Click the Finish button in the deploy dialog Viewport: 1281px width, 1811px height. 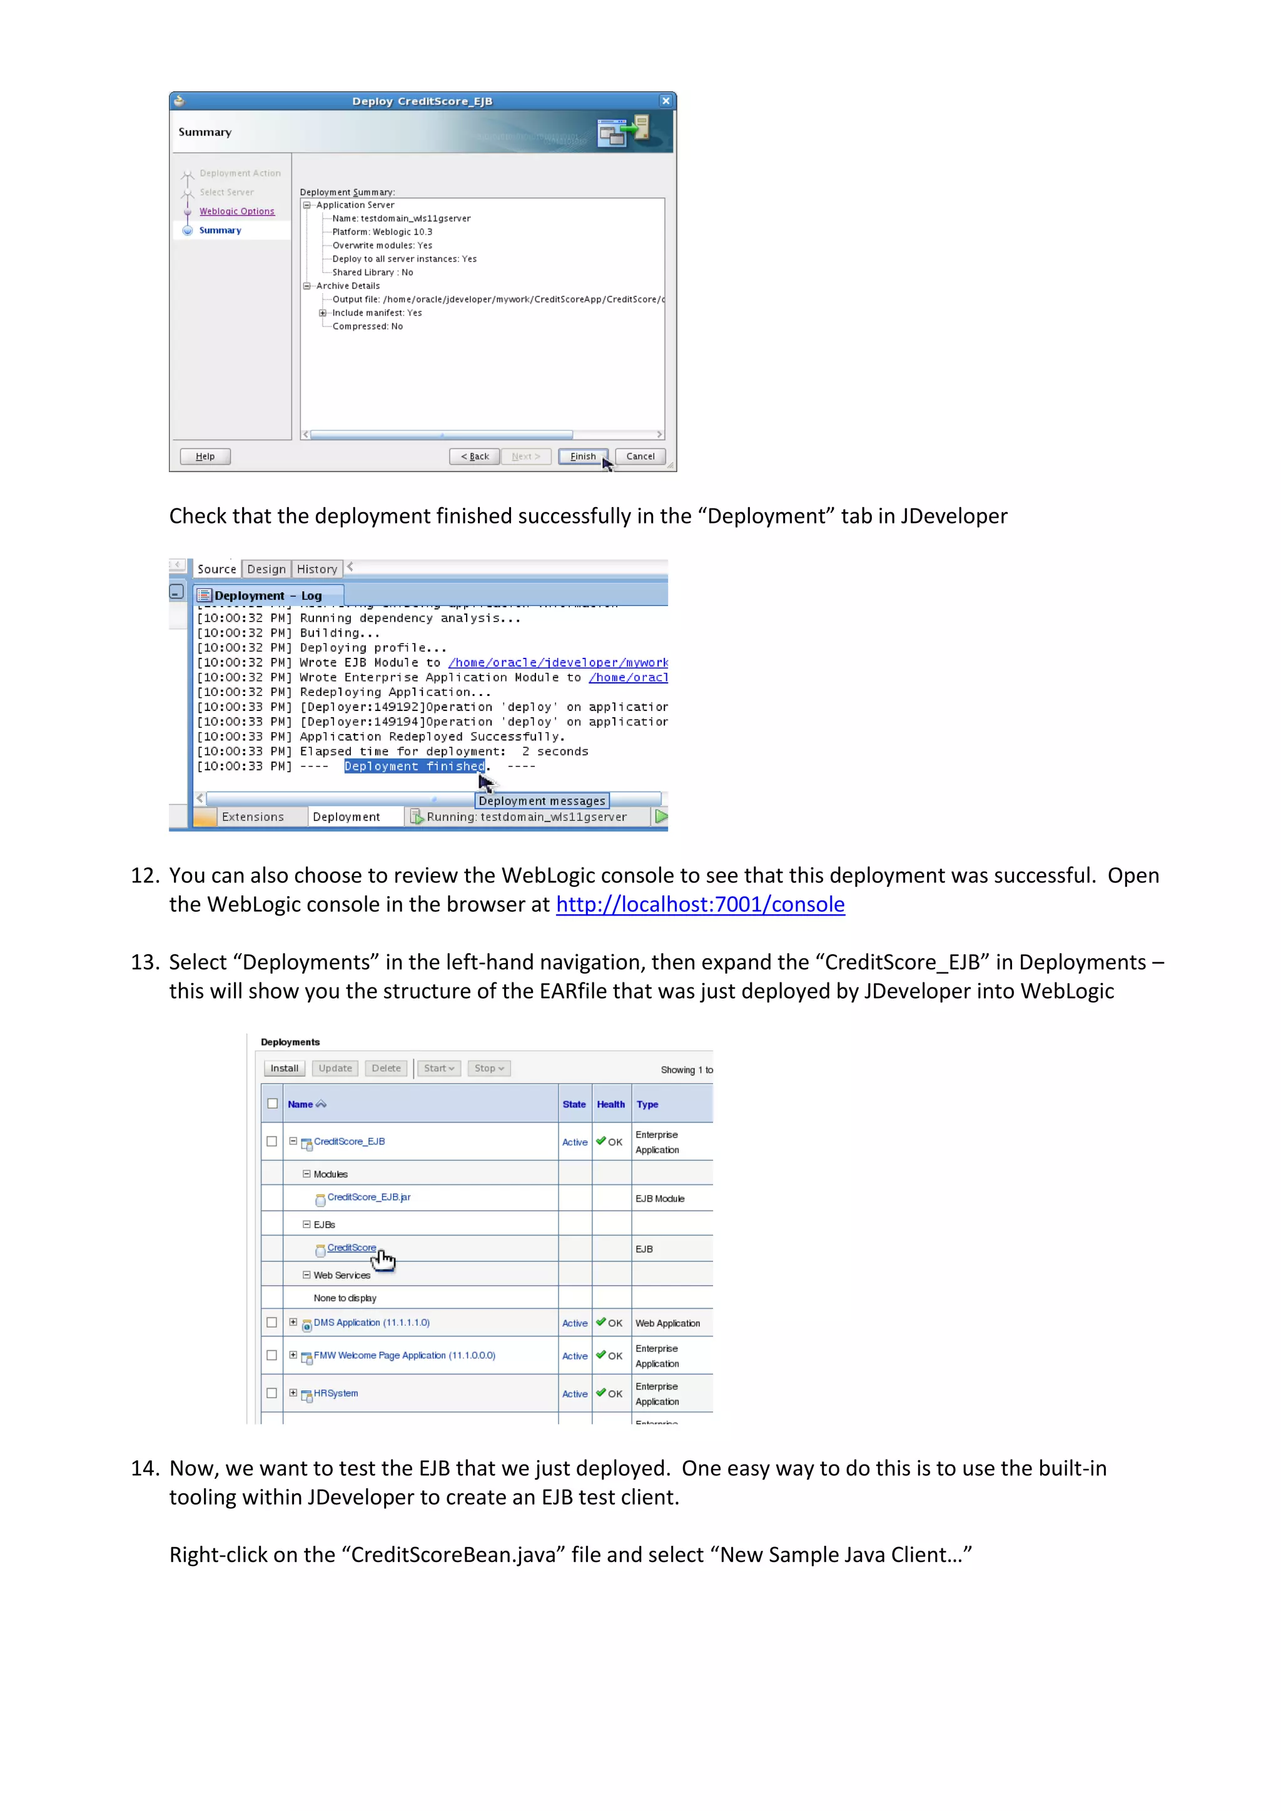coord(583,457)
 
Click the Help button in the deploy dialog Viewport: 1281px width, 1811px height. coord(205,457)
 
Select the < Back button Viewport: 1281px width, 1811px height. coord(474,457)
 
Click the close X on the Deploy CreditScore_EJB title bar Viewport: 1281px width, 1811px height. coord(666,101)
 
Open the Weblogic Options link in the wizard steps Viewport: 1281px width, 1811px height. coord(236,211)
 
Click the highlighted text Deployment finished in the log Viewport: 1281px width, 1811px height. coord(414,767)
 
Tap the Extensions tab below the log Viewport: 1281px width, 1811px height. coord(253,817)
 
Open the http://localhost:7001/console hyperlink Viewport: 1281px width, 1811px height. coord(700,905)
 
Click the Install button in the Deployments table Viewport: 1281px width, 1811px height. coord(284,1069)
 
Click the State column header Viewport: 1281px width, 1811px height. coord(574,1105)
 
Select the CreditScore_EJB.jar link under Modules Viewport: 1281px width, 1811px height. coord(368,1198)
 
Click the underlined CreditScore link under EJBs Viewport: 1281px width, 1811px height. coord(351,1248)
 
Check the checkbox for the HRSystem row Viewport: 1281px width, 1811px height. coord(272,1394)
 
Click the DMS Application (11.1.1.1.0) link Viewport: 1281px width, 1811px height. coord(372,1323)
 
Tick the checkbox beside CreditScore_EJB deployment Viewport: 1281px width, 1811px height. coord(272,1142)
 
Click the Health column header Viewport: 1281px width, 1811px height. coord(610,1105)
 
